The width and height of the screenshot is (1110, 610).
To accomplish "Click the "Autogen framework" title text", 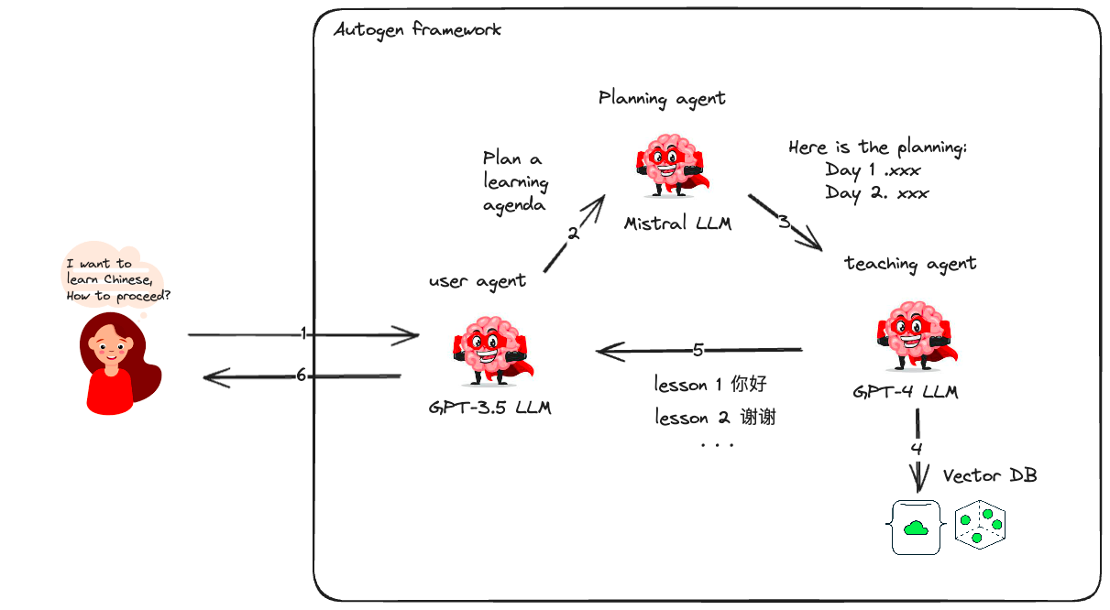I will (417, 29).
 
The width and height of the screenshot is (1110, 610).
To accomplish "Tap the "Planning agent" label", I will (662, 98).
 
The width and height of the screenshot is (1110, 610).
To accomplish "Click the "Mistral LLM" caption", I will (677, 223).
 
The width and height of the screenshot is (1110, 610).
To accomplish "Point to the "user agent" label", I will (477, 281).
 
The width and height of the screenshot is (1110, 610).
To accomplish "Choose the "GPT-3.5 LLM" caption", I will (489, 408).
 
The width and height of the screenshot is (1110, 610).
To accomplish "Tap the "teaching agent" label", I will (910, 264).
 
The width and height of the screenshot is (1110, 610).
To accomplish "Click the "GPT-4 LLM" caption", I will (905, 392).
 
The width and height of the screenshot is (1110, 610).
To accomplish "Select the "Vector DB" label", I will (990, 476).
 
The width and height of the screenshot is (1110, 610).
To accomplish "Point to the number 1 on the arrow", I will (303, 334).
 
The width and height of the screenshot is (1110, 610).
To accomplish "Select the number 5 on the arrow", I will (698, 349).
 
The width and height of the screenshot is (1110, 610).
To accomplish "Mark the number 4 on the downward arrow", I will (917, 449).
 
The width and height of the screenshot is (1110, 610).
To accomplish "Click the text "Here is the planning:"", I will (877, 147).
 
